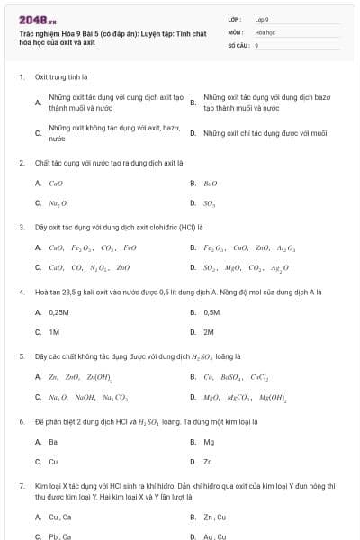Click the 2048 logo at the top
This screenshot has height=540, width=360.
(x=31, y=17)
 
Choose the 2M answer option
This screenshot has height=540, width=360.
(x=209, y=331)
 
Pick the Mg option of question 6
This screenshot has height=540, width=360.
(x=209, y=442)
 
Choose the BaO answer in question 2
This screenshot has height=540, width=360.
(x=211, y=184)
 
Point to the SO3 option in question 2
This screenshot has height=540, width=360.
(x=210, y=203)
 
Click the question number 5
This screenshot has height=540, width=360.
(x=21, y=356)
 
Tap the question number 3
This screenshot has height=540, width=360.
(x=21, y=227)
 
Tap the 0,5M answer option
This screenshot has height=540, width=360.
(x=211, y=312)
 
